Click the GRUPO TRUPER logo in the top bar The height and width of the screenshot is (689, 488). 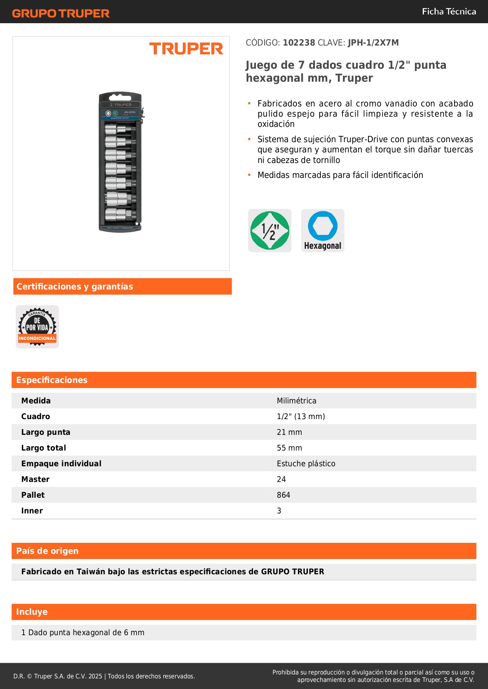61,13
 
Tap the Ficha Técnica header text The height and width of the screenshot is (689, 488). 449,12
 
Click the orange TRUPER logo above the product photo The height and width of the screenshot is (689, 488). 186,49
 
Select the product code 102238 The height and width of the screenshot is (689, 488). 299,43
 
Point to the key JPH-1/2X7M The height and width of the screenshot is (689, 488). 373,43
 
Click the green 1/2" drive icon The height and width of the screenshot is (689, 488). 270,231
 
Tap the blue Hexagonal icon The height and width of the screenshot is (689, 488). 322,231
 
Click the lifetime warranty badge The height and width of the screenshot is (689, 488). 37,327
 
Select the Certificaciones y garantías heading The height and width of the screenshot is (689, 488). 75,287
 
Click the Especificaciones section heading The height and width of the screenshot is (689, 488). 52,380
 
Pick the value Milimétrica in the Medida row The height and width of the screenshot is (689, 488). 296,401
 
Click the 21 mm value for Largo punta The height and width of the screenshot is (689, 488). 289,432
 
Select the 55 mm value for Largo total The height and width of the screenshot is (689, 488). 289,448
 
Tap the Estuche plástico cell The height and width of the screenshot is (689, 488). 306,464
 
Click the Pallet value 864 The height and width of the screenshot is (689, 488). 284,495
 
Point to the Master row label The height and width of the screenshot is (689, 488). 35,479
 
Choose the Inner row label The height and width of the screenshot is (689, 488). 32,511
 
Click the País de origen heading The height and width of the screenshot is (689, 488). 47,551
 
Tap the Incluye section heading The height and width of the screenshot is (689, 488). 32,612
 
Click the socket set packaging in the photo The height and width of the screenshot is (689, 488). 120,162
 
